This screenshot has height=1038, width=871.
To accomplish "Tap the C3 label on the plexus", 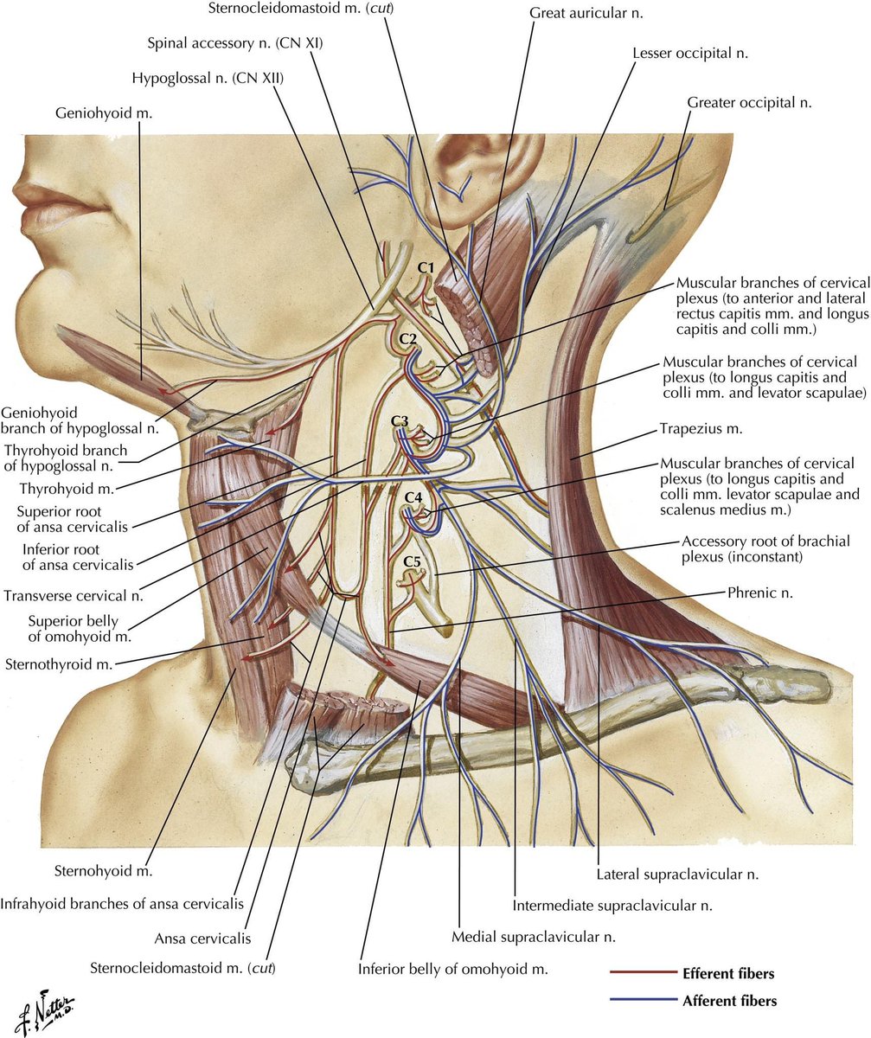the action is (399, 420).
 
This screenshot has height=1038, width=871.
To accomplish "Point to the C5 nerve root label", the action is (413, 563).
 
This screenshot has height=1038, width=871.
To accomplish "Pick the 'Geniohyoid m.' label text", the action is (97, 113).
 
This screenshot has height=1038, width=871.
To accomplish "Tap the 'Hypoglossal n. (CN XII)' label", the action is (208, 79).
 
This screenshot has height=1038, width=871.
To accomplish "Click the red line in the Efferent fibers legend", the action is (641, 973).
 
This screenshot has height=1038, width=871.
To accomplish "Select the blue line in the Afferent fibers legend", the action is (641, 1001).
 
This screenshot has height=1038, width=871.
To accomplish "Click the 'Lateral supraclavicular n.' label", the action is (677, 875).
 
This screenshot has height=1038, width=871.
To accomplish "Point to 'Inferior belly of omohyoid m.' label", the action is (453, 969).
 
